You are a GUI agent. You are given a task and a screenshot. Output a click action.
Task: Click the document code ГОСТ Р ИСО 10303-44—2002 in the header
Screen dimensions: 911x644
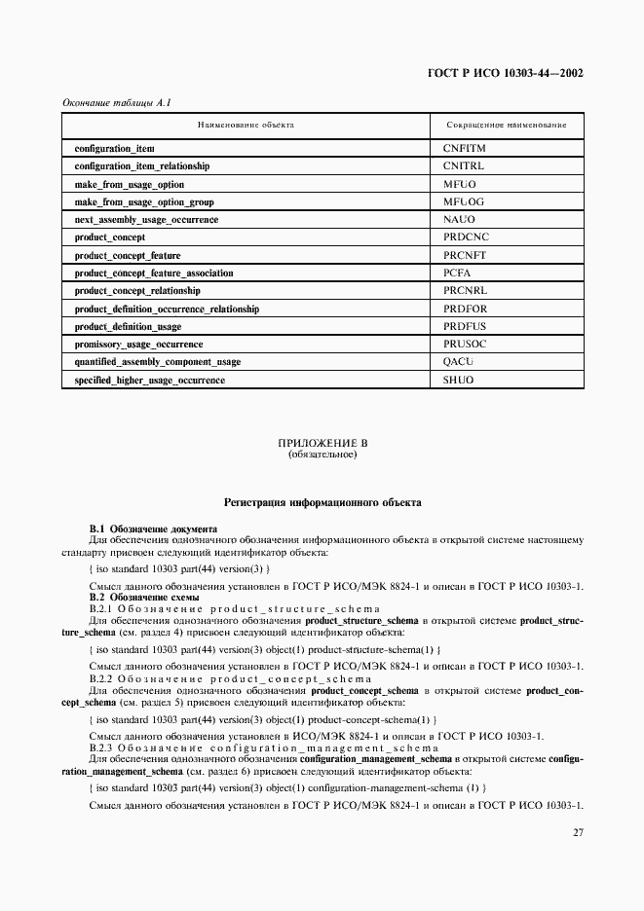tap(506, 73)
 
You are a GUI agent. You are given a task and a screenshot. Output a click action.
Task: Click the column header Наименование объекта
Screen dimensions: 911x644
tap(246, 126)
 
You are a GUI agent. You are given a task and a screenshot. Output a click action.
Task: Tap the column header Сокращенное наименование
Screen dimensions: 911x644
tap(506, 126)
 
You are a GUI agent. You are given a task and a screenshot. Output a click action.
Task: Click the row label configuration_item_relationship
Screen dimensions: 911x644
tap(141, 166)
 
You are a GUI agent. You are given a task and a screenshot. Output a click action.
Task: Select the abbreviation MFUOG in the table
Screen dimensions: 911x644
tap(464, 201)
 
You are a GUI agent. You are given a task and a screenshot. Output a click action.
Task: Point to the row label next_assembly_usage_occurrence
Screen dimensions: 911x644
tap(146, 220)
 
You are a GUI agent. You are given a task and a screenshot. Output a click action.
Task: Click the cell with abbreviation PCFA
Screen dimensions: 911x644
tap(457, 273)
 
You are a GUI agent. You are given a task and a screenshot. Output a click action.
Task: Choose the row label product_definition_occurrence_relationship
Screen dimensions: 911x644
tap(167, 309)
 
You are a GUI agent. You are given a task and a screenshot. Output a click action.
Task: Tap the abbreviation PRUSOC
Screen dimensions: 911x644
tap(465, 345)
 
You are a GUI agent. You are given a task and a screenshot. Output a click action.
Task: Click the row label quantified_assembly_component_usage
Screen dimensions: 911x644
tap(157, 362)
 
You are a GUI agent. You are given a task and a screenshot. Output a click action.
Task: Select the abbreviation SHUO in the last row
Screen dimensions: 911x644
tap(458, 380)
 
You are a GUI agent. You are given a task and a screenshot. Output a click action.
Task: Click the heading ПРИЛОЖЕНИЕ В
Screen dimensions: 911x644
tap(322, 443)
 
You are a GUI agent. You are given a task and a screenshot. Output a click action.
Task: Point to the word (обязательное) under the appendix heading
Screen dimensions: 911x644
tap(322, 455)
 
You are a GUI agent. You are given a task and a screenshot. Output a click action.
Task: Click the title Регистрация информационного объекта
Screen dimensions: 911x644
tap(322, 503)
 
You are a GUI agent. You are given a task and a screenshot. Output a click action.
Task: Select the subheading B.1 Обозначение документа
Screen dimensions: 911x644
tap(153, 528)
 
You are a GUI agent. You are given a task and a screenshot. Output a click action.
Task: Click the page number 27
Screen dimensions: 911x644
tap(577, 832)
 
